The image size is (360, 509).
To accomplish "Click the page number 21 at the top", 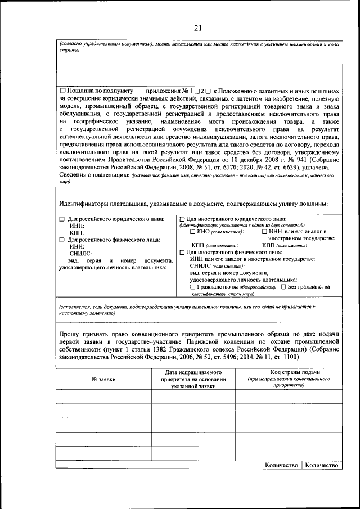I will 197,29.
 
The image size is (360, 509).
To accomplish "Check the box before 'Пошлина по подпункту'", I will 62,91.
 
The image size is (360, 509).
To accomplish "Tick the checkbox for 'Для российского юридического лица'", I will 62,219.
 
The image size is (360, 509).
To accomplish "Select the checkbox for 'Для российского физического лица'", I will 62,240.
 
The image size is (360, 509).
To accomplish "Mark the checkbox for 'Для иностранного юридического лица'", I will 182,219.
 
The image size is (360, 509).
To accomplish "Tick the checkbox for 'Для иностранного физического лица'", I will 182,252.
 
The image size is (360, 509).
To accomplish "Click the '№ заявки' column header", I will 103,380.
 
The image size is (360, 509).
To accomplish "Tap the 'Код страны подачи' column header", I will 288,373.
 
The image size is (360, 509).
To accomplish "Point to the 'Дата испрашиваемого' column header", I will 193,373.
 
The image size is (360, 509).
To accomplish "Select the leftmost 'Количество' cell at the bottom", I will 281,465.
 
